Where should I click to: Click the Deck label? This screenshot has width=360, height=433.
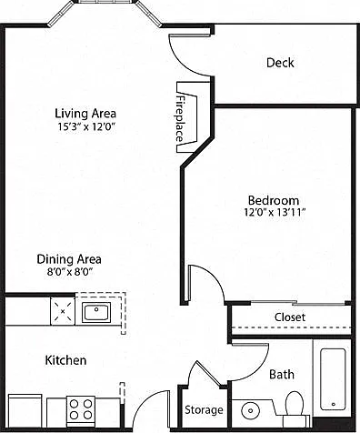click(x=280, y=63)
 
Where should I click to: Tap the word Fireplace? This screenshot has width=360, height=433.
click(x=180, y=119)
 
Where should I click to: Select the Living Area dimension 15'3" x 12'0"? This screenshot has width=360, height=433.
click(x=87, y=126)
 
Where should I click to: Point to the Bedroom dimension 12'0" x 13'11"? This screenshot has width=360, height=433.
click(x=275, y=212)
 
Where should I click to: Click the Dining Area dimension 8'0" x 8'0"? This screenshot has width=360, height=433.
click(x=69, y=272)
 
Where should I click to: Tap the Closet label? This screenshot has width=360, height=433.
click(x=290, y=317)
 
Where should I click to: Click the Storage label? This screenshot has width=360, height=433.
click(x=204, y=410)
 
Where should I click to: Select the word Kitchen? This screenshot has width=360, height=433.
click(x=65, y=360)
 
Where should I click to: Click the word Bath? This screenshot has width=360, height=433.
click(x=282, y=375)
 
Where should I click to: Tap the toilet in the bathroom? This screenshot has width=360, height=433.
click(x=295, y=407)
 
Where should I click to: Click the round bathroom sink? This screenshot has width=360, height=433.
click(x=251, y=410)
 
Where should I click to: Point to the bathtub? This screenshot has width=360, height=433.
click(x=333, y=379)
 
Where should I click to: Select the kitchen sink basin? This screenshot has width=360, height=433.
click(x=96, y=313)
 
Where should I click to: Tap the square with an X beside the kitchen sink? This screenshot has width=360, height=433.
click(x=63, y=311)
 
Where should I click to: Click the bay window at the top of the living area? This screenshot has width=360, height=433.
click(x=105, y=12)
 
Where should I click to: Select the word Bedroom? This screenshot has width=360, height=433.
click(x=274, y=200)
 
